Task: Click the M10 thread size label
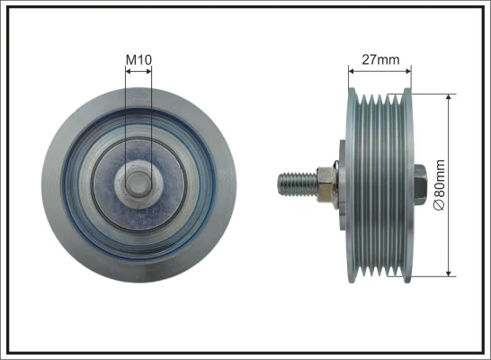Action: click(138, 59)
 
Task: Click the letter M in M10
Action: click(130, 59)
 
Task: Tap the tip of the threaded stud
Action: click(279, 182)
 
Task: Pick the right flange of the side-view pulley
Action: click(407, 182)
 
